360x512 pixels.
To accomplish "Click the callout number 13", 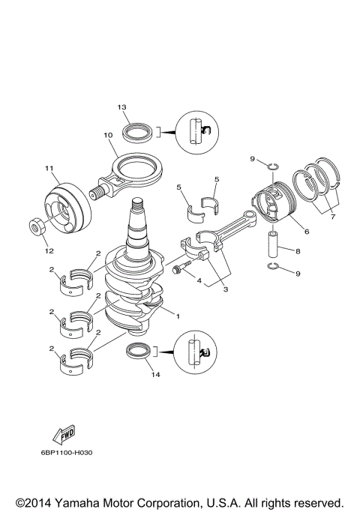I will click(x=121, y=108).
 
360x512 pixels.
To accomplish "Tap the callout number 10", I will click(x=108, y=135).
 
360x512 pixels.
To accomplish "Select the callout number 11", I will click(x=49, y=168).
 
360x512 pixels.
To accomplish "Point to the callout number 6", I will click(x=306, y=231).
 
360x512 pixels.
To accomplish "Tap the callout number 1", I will click(x=177, y=316).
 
